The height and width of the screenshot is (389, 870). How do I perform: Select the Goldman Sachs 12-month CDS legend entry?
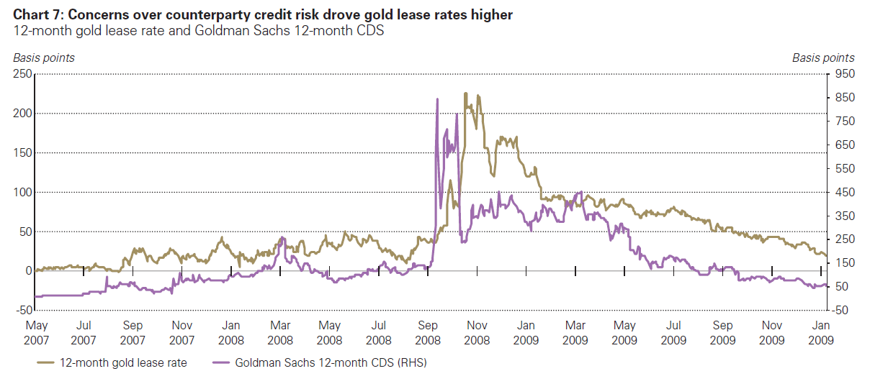coord(320,363)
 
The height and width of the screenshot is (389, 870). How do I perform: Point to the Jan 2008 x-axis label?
coord(230,331)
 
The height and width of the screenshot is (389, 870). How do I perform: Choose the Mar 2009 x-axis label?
coord(575,331)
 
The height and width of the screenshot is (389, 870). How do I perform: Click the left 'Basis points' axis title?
coord(43,58)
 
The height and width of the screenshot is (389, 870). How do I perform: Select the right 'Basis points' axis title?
coord(823,58)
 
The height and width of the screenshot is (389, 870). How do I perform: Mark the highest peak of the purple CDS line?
coord(437,99)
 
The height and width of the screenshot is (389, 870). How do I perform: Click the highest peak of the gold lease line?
coord(465,93)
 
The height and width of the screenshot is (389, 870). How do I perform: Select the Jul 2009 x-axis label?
coord(673,331)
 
